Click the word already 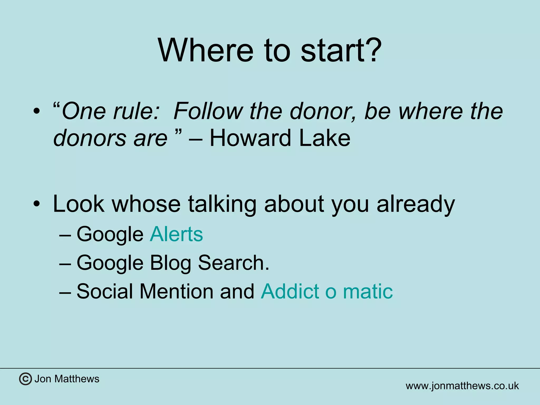pyautogui.click(x=416, y=204)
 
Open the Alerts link pyautogui.click(x=176, y=234)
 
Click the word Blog pyautogui.click(x=170, y=263)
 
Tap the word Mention pyautogui.click(x=176, y=291)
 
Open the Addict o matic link pyautogui.click(x=327, y=291)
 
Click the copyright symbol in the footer pyautogui.click(x=26, y=379)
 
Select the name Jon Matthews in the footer pyautogui.click(x=67, y=379)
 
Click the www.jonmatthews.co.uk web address pyautogui.click(x=462, y=386)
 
